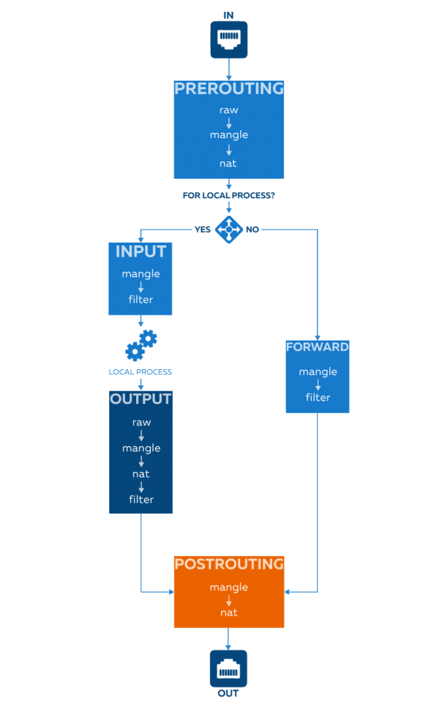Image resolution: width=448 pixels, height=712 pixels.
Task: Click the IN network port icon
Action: coord(229,39)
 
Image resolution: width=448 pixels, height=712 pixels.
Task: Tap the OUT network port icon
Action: coord(229,668)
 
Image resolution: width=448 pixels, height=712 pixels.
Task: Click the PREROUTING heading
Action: coord(229,89)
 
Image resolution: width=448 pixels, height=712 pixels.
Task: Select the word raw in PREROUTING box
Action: coord(229,110)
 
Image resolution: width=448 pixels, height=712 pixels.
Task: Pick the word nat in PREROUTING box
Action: coord(228,163)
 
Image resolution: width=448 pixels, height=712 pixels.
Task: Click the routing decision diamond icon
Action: coord(229,229)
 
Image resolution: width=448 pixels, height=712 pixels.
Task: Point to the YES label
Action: coord(202,229)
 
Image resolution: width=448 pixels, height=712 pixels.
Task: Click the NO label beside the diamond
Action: coord(252,229)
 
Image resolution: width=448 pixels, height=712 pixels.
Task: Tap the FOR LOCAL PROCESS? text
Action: coord(229,196)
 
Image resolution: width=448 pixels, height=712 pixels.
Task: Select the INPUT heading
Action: coord(140,251)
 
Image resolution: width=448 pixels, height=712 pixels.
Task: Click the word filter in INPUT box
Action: coord(140,300)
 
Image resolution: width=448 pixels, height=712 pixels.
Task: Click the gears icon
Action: coord(141,345)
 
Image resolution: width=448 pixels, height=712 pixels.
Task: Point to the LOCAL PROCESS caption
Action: coord(140,372)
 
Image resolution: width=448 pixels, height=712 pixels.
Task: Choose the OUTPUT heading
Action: coord(140,400)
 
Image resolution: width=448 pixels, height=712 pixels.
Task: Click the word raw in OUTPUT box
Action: coord(141,422)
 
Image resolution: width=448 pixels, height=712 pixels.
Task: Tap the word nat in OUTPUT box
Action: coord(141,474)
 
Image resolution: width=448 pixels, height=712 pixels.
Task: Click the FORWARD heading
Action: coord(317,347)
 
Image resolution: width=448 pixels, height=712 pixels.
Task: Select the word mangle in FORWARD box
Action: coord(318,372)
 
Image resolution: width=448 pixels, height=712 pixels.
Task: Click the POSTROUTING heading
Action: coord(229,565)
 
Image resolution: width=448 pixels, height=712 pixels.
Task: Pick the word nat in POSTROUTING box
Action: coord(229,613)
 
